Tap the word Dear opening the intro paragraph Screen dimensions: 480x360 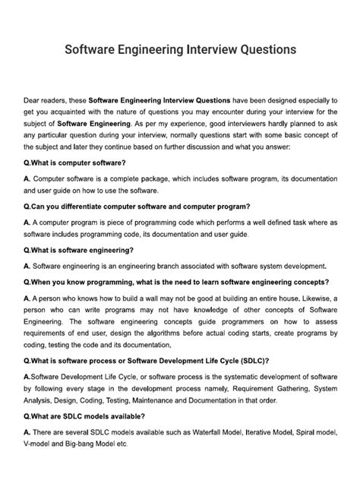pos(35,99)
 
